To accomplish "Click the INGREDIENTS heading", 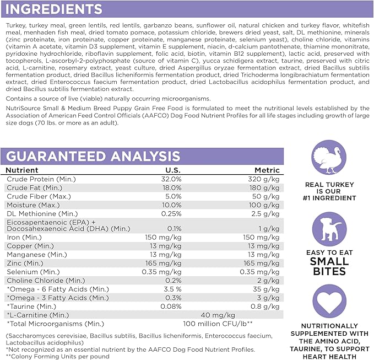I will click(53, 9).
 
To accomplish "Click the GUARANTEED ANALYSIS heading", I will click(93, 156).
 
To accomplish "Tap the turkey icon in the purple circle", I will click(329, 158).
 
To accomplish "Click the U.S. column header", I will click(172, 170).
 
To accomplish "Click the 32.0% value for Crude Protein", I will click(171, 179).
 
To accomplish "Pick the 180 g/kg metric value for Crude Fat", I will click(267, 187).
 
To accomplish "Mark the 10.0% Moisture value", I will click(171, 205).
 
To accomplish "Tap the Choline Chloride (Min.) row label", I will click(45, 281).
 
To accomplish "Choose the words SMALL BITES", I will click(329, 266).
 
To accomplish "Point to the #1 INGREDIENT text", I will click(329, 197).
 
